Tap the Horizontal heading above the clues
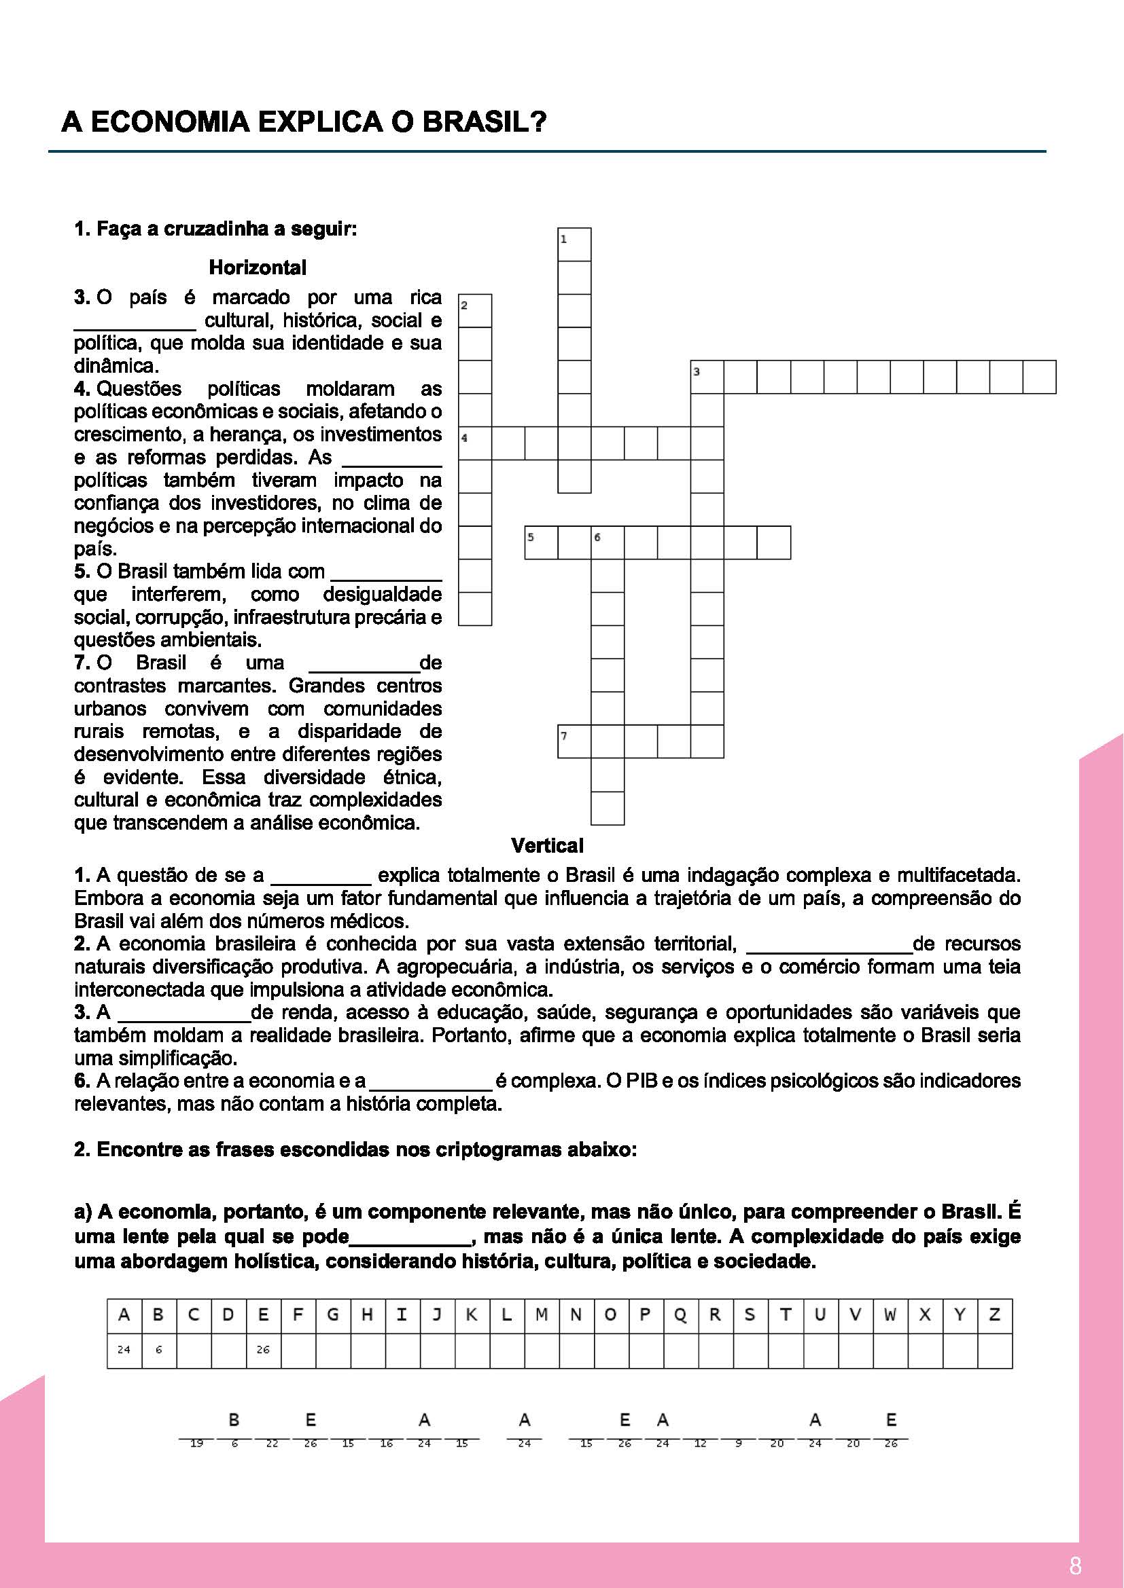(258, 267)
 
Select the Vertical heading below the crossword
(547, 845)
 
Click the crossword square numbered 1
(574, 244)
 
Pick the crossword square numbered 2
(475, 310)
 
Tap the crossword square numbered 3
(707, 377)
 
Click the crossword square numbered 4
(475, 443)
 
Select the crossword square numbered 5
(541, 542)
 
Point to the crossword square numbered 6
(608, 542)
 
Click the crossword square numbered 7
(574, 741)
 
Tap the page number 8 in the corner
(1075, 1565)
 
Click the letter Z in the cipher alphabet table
(995, 1315)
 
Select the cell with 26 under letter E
(263, 1350)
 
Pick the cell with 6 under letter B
(158, 1350)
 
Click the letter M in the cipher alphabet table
(541, 1315)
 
